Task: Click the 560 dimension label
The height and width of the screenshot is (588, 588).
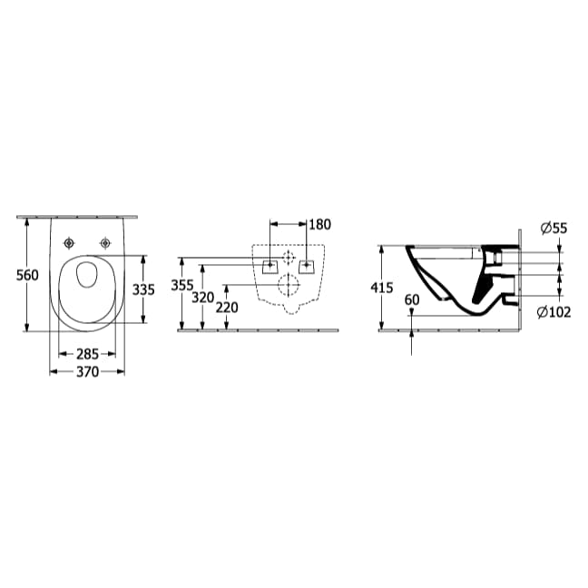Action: point(28,275)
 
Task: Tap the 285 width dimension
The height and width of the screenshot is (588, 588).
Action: point(86,355)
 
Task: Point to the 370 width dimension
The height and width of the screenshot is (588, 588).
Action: point(86,373)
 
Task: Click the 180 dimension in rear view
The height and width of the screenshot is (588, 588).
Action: point(319,224)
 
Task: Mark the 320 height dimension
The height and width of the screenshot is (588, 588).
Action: point(202,298)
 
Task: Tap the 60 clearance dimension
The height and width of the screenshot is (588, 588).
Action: point(413,299)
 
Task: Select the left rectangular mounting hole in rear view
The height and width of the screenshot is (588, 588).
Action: point(269,266)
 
